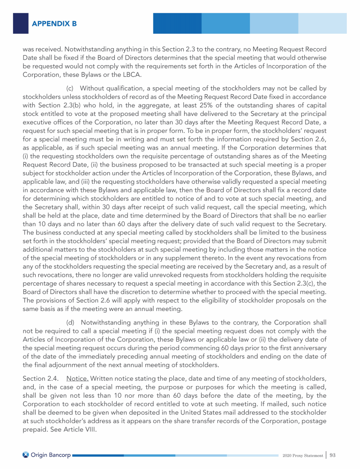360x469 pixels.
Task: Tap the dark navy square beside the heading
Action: pos(20,23)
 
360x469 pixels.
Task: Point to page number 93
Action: pos(334,455)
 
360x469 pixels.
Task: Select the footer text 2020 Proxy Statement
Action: pos(303,455)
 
